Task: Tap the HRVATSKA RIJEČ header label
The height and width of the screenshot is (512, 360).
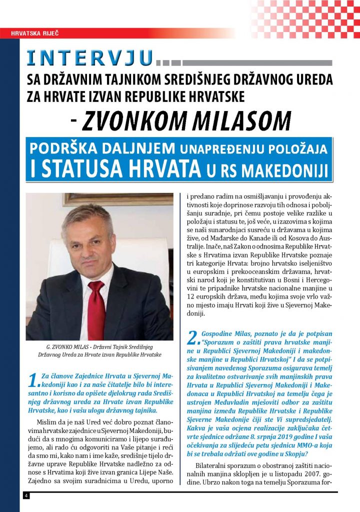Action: point(33,34)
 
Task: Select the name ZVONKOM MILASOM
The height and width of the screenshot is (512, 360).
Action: point(186,120)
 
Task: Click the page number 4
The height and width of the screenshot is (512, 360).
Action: point(25,495)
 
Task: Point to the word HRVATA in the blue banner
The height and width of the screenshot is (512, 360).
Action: point(168,168)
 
